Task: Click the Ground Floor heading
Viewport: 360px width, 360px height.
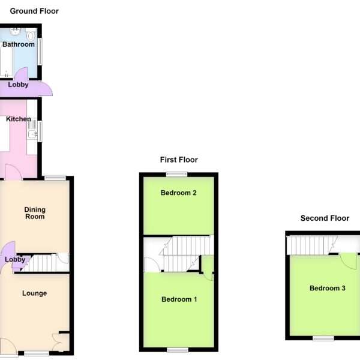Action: coord(34,11)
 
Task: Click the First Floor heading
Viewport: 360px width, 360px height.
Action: coord(179,160)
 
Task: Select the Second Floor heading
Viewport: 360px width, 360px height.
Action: coord(325,218)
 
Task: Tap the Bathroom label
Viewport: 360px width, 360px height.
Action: coord(19,44)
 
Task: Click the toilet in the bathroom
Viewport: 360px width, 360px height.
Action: coord(31,34)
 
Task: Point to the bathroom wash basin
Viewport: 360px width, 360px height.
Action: coord(16,32)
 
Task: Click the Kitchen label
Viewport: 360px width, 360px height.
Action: coord(19,119)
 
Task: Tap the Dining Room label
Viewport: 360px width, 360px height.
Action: coord(35,213)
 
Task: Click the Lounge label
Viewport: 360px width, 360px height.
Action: coord(34,293)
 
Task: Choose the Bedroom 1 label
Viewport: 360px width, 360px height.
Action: coord(179,299)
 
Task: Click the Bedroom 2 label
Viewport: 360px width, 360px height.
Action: coord(179,193)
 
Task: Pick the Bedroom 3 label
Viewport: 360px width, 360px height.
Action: coord(328,288)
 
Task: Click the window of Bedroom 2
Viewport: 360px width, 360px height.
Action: coord(177,175)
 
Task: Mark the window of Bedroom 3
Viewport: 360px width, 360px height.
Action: coord(323,338)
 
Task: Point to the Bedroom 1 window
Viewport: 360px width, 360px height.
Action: coord(178,350)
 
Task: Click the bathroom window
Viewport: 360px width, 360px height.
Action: coord(40,52)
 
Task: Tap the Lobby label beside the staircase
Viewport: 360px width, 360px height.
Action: coord(15,259)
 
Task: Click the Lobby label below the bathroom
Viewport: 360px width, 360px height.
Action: coord(18,85)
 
